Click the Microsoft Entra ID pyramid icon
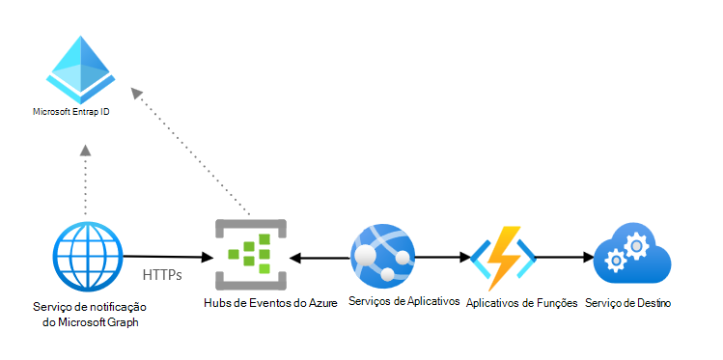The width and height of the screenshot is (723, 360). pyautogui.click(x=82, y=69)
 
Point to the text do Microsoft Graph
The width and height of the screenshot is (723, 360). pyautogui.click(x=86, y=322)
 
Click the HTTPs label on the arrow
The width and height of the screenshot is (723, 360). pyautogui.click(x=161, y=275)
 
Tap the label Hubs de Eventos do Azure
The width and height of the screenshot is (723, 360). pyautogui.click(x=270, y=304)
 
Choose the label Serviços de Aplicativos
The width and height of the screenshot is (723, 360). pyautogui.click(x=404, y=302)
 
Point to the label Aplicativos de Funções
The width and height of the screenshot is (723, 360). pyautogui.click(x=521, y=303)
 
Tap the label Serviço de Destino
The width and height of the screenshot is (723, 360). pyautogui.click(x=627, y=303)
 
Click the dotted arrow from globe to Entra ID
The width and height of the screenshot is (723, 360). pyautogui.click(x=86, y=183)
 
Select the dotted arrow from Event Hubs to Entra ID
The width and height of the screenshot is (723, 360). pyautogui.click(x=193, y=154)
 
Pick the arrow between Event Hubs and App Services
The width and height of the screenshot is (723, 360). pyautogui.click(x=320, y=258)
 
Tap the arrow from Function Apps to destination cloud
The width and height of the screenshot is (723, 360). pyautogui.click(x=565, y=258)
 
